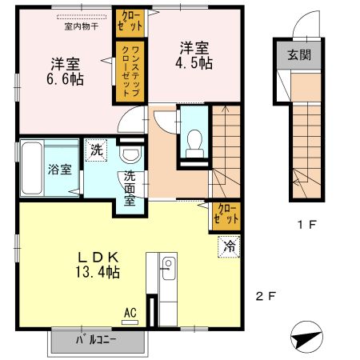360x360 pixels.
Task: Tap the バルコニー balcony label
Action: click(x=97, y=340)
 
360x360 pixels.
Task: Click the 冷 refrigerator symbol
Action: click(x=229, y=246)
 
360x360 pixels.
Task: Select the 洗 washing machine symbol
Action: click(x=96, y=150)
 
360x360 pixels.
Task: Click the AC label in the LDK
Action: click(x=129, y=313)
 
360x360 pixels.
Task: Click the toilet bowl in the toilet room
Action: click(x=192, y=144)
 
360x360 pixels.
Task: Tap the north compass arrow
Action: click(x=306, y=338)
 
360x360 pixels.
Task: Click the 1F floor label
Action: click(x=306, y=224)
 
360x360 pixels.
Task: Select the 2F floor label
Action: click(x=266, y=297)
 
